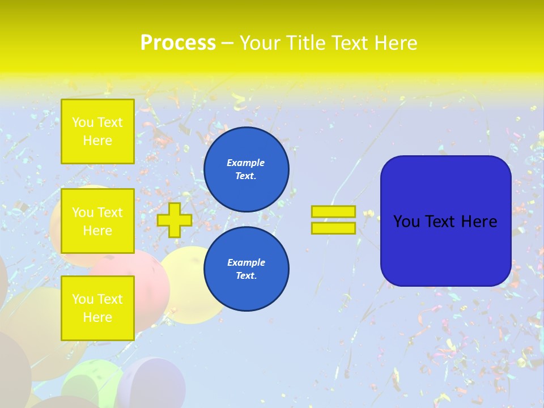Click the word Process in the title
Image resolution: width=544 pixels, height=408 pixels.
pos(178,43)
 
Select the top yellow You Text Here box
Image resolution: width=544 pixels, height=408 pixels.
pos(97,131)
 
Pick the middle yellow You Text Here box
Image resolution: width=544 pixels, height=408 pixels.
pos(97,221)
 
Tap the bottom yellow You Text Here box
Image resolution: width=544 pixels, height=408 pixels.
pos(97,308)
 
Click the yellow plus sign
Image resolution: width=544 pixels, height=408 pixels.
pos(175,220)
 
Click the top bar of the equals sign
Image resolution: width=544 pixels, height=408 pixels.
pos(333,211)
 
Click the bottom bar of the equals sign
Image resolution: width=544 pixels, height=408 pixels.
pos(333,228)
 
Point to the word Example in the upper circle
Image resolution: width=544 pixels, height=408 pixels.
pos(246,163)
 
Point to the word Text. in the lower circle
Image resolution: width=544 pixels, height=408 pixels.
pos(246,276)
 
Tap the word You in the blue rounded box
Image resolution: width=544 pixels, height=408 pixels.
pos(406,222)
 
